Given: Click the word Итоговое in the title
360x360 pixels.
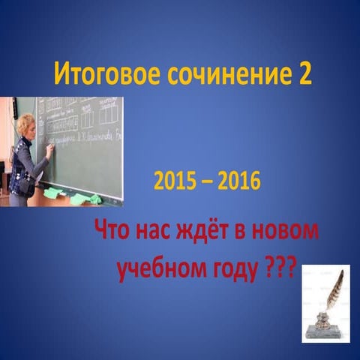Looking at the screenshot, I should pyautogui.click(x=99, y=76).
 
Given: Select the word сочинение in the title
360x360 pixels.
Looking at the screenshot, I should pyautogui.click(x=216, y=76).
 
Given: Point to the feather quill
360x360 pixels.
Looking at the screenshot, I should pyautogui.click(x=335, y=288).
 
